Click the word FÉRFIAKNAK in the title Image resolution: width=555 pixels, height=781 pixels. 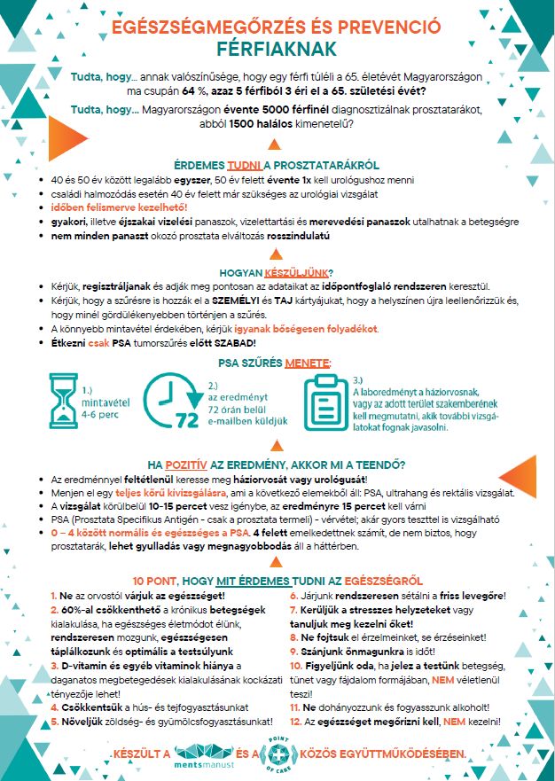click(x=276, y=50)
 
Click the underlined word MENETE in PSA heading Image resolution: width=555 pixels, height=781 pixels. click(x=308, y=363)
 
